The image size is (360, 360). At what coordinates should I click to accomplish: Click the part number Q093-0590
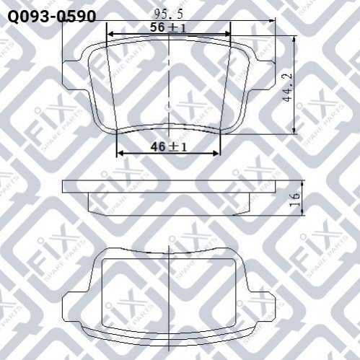pyautogui.click(x=52, y=17)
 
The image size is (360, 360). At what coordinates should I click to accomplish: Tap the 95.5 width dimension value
pyautogui.click(x=168, y=14)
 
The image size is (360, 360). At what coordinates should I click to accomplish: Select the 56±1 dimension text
pyautogui.click(x=168, y=27)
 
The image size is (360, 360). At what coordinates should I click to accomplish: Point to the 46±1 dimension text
pyautogui.click(x=169, y=146)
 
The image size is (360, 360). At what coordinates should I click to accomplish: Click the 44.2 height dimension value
pyautogui.click(x=288, y=87)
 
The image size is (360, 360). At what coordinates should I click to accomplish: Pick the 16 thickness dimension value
pyautogui.click(x=295, y=198)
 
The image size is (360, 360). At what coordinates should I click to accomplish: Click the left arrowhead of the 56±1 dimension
pyautogui.click(x=110, y=34)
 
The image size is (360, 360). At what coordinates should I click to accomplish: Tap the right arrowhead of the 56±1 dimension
pyautogui.click(x=227, y=34)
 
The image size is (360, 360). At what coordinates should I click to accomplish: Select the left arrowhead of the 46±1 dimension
pyautogui.click(x=120, y=153)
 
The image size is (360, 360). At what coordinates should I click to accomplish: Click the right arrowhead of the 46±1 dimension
pyautogui.click(x=216, y=153)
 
